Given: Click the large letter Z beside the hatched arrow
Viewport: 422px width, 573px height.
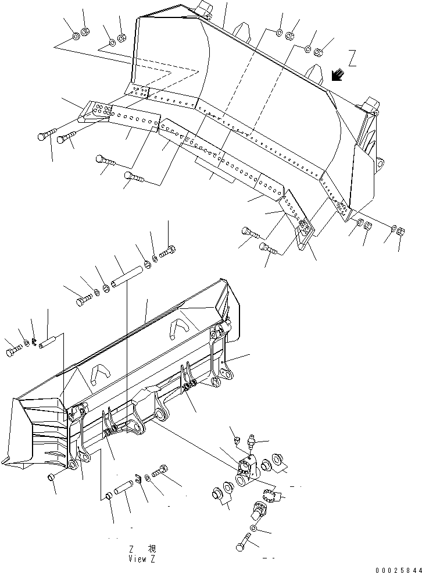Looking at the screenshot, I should [x=352, y=58].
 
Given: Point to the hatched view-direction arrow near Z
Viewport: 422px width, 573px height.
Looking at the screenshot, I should [x=337, y=75].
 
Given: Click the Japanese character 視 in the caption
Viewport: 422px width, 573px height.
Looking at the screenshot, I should [x=152, y=549].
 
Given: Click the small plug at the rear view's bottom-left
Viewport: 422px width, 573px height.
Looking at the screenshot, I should [x=51, y=478].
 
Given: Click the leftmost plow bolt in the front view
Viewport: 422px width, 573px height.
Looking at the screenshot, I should [x=46, y=136].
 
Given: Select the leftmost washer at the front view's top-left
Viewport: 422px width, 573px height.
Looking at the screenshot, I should [x=77, y=37].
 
